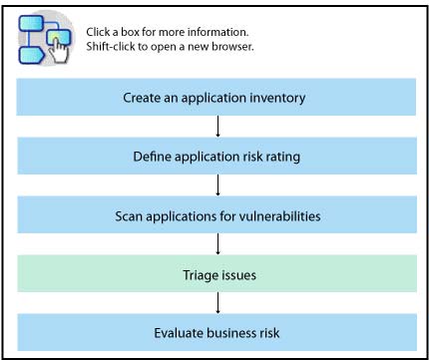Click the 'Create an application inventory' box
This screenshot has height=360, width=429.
pos(216,97)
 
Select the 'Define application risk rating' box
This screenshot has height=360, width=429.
pos(216,156)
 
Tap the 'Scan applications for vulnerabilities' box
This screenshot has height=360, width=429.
pos(216,214)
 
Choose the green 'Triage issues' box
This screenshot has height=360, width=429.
pos(216,273)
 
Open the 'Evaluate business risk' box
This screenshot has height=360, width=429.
pos(216,332)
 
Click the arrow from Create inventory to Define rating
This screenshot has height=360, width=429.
pos(217,127)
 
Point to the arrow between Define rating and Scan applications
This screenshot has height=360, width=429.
pos(217,185)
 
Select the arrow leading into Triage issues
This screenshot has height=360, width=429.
pos(217,244)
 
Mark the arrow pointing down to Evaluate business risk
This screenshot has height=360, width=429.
pos(217,303)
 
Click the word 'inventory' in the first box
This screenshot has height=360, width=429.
pos(277,98)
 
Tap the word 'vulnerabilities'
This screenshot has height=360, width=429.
pos(279,216)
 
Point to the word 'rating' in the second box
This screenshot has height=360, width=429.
pos(282,158)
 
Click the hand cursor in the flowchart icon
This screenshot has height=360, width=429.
pos(59,51)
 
